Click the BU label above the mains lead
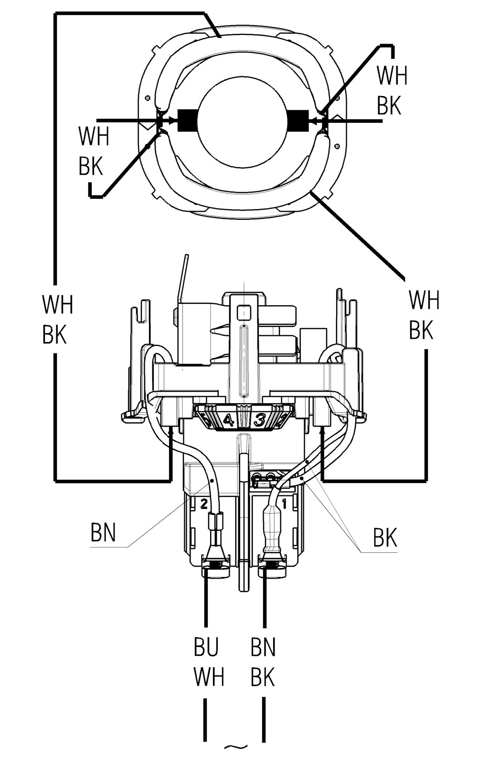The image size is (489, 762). pos(206,647)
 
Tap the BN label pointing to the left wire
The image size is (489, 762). pos(103,532)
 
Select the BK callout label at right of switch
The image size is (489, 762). pos(385,538)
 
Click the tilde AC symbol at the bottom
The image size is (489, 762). pos(235,754)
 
